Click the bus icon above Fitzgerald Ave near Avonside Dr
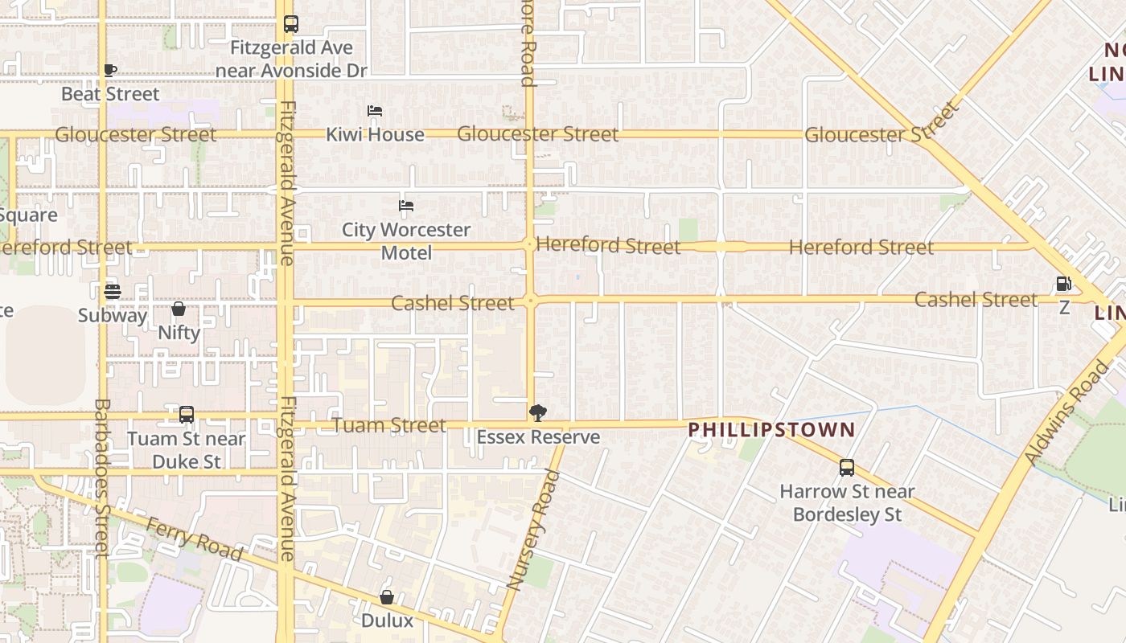[x=291, y=25]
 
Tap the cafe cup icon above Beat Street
[x=110, y=71]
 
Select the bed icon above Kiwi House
[x=375, y=111]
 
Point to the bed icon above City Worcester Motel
[x=406, y=206]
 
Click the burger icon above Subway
[x=112, y=291]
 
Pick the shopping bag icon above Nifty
[x=179, y=309]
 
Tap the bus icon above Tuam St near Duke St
[x=187, y=415]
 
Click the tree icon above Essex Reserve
[x=538, y=413]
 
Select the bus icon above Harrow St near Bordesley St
[x=846, y=468]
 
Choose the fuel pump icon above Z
[x=1063, y=284]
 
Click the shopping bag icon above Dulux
[x=387, y=597]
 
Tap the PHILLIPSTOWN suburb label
[x=771, y=429]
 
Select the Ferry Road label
[x=194, y=539]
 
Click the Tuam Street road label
[x=389, y=425]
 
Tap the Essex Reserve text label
[x=538, y=437]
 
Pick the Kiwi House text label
[x=375, y=134]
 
